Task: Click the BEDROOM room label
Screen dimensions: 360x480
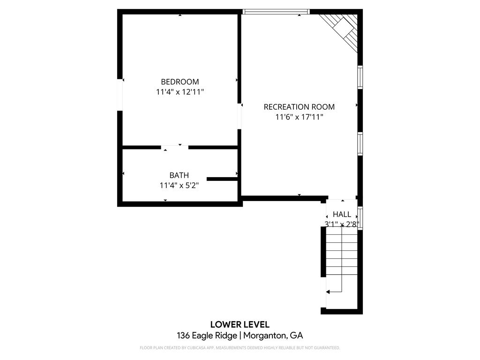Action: click(180, 82)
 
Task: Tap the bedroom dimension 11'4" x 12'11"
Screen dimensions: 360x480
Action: click(180, 92)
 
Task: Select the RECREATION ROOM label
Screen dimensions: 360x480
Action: click(299, 107)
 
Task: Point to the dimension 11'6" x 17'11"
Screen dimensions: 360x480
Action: click(299, 117)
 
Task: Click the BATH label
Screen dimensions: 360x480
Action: click(179, 175)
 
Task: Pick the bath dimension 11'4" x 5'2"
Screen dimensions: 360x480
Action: click(179, 186)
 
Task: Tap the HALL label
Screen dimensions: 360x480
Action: click(342, 214)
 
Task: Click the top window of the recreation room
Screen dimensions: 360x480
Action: click(276, 11)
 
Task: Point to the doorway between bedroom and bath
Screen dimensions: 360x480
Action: click(175, 147)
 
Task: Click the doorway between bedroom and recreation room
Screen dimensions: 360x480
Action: click(240, 116)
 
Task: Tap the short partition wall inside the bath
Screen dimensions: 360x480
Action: click(222, 179)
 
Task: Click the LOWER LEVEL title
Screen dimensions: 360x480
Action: click(240, 324)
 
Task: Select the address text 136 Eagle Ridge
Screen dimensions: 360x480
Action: click(207, 336)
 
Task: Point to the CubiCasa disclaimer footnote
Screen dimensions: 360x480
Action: click(240, 348)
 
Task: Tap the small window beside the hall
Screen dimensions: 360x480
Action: click(360, 218)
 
